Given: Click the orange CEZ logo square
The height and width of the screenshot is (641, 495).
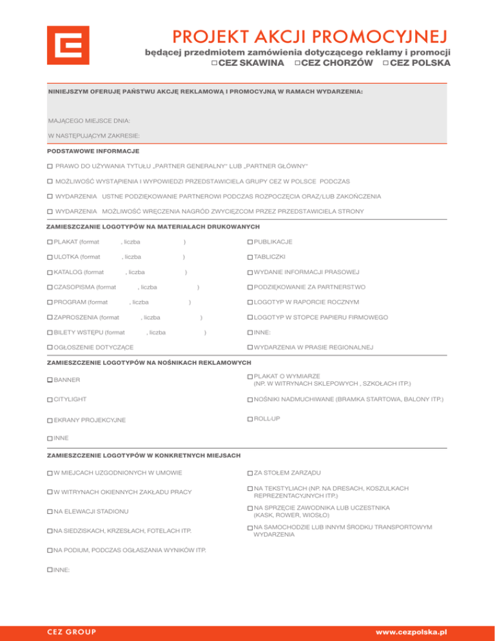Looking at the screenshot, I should [x=68, y=47].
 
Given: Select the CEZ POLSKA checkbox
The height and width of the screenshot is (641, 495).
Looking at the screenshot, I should [x=385, y=63].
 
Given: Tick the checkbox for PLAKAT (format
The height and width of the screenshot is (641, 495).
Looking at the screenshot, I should [x=50, y=242].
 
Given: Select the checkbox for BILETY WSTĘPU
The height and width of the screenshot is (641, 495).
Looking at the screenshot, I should [x=50, y=333].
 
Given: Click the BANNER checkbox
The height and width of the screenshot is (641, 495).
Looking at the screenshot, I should [x=50, y=380].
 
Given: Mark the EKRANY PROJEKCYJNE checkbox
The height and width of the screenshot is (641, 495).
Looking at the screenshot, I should [x=50, y=420].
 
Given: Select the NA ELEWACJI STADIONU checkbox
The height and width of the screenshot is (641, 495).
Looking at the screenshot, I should [x=50, y=512].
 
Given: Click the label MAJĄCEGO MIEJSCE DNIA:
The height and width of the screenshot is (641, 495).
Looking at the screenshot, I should [x=89, y=121].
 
